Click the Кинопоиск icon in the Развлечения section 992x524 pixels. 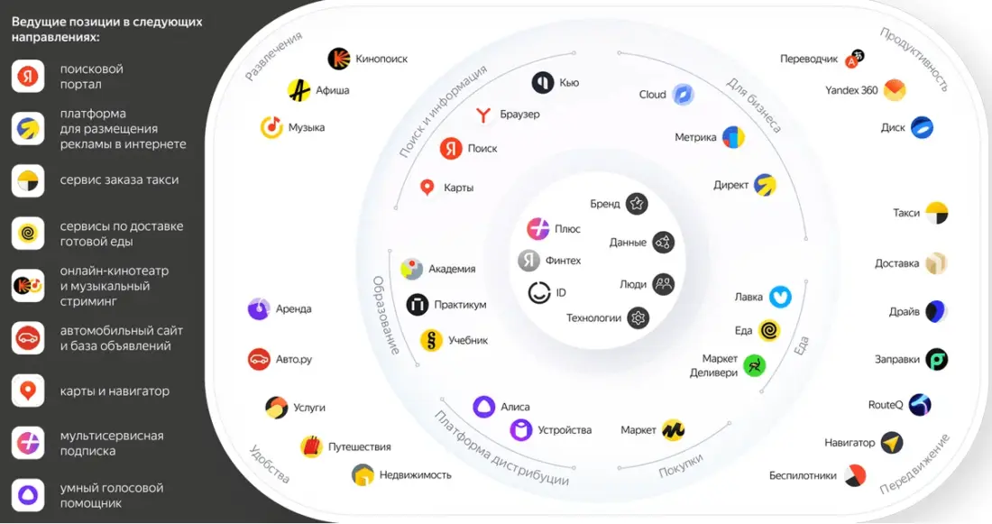pos(338,59)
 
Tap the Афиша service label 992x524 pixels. pos(332,90)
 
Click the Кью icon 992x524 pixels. pos(542,82)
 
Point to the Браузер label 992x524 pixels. pos(519,115)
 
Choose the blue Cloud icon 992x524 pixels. pos(683,95)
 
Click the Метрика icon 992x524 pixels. pos(734,138)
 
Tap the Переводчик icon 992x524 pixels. pos(855,60)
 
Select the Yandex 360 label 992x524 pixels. pos(851,90)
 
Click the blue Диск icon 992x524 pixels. pos(922,127)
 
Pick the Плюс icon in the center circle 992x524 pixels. pos(538,229)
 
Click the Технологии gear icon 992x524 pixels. pos(638,317)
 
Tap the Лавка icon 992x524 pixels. pos(780,297)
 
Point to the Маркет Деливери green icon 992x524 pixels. pos(755,365)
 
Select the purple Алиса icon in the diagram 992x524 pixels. pos(484,407)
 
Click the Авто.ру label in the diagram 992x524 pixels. pos(294,359)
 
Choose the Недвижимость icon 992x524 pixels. pos(363,474)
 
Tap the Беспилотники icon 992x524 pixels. pos(855,475)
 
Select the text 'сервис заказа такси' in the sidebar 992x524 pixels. pos(119,180)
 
